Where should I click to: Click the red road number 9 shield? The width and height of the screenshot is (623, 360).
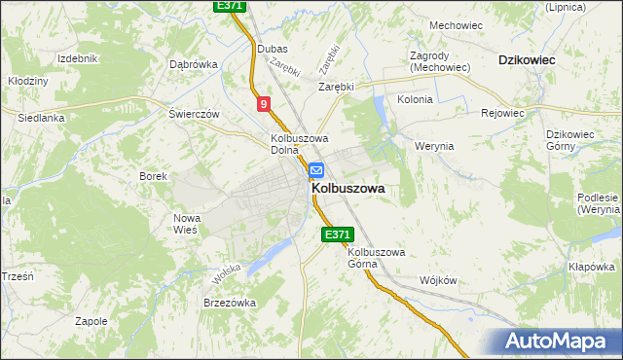point(264,103)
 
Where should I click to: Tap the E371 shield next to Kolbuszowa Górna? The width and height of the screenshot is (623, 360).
point(336,234)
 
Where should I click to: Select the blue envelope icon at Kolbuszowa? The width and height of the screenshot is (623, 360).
point(316,170)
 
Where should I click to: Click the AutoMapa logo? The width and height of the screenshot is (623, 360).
point(556,342)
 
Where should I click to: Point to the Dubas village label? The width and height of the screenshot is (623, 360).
point(271,48)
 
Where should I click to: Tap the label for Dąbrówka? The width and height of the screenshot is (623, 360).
point(193,64)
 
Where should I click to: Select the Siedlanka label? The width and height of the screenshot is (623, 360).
point(41,118)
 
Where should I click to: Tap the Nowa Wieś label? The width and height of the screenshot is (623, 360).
point(186,224)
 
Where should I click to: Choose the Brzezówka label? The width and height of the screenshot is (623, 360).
point(229,303)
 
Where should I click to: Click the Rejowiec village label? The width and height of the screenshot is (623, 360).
point(502,113)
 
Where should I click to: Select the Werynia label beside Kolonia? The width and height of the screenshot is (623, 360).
point(434,146)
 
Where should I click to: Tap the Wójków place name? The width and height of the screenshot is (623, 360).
point(437,279)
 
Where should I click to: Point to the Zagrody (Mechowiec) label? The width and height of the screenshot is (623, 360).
point(440,61)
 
